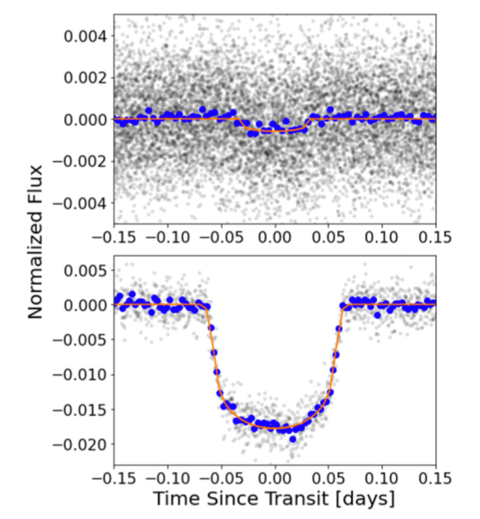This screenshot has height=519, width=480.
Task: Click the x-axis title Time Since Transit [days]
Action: [274, 499]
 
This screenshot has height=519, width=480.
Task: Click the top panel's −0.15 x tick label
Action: [112, 236]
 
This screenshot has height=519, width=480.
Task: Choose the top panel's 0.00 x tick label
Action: [275, 236]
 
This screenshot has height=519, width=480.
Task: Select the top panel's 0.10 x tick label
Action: [382, 236]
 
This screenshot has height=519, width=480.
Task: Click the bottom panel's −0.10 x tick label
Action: [165, 475]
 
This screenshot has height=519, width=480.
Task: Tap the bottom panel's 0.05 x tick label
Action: [328, 475]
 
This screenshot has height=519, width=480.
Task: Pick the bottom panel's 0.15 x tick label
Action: [436, 475]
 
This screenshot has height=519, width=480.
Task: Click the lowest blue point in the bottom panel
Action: [293, 439]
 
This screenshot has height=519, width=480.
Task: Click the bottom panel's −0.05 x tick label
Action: [219, 475]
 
